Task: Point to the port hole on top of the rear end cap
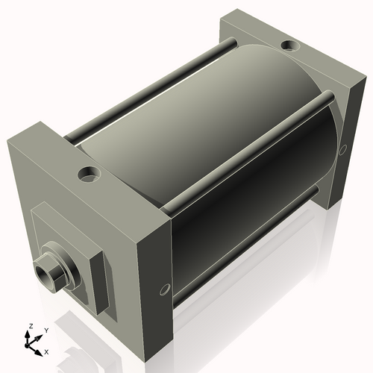(x=289, y=47)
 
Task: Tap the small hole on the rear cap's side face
(x=342, y=149)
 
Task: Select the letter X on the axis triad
(x=47, y=350)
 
